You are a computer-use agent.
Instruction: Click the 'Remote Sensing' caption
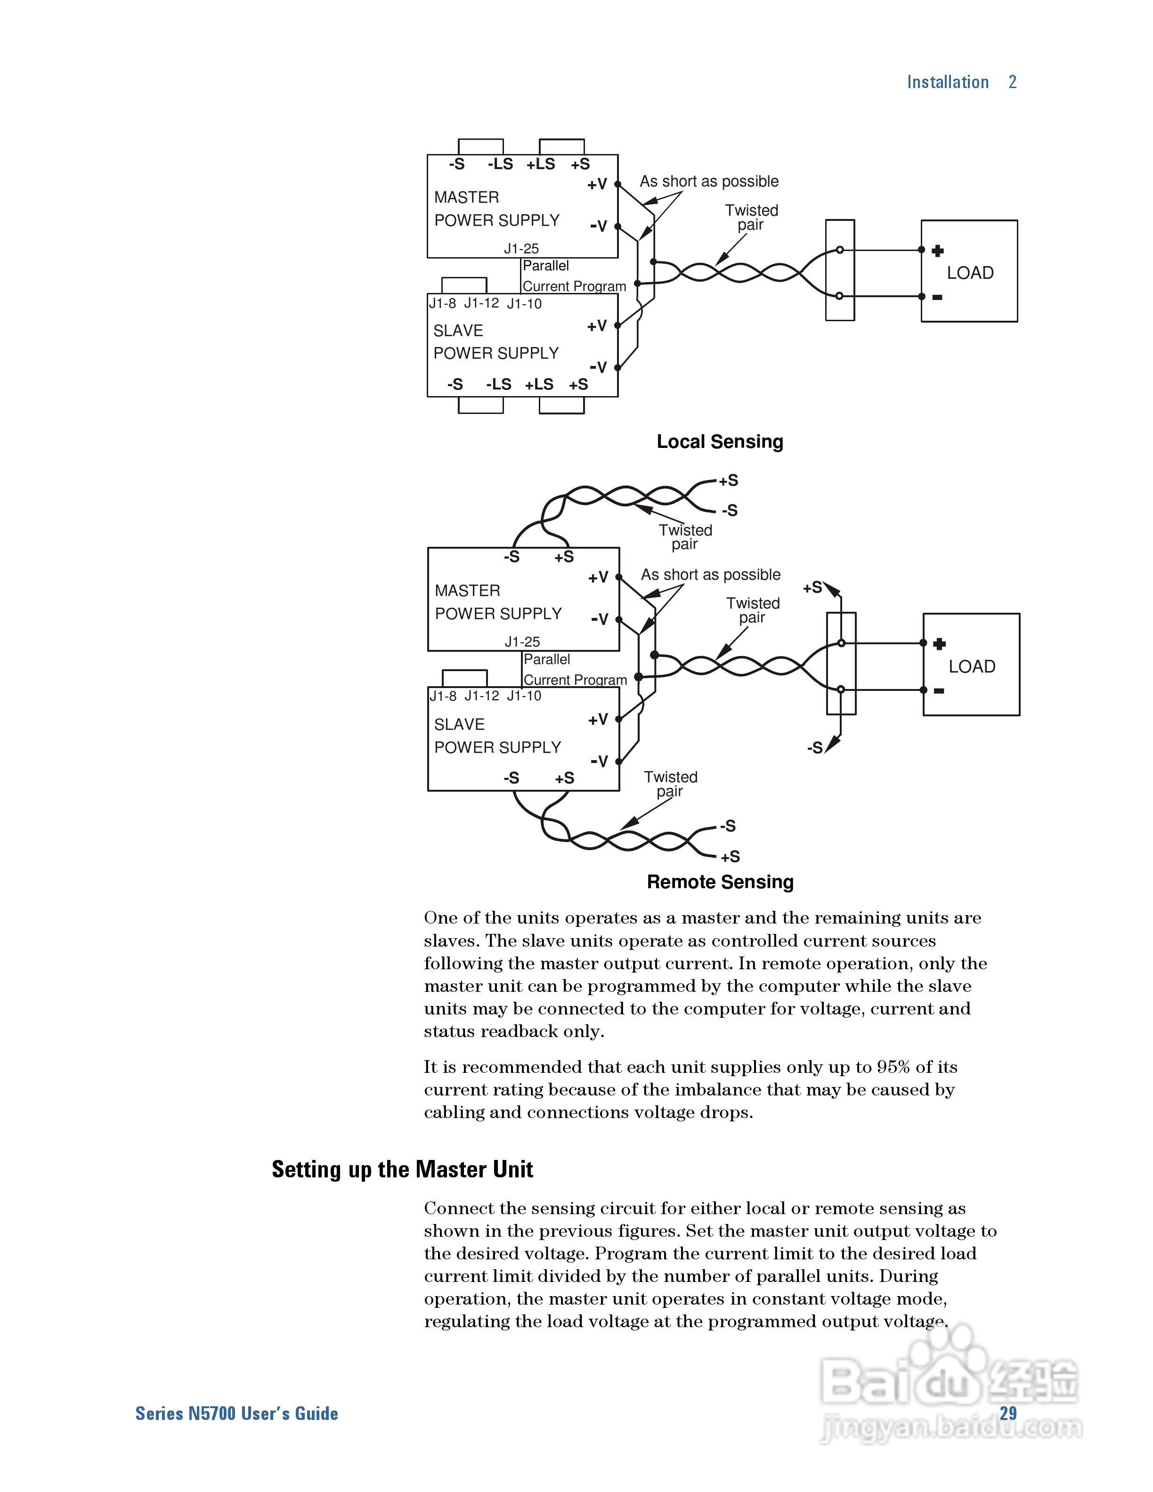(720, 882)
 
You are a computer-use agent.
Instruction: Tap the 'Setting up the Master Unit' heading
(402, 1169)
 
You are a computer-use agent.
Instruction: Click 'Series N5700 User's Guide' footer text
(236, 1413)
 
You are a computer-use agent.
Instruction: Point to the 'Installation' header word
(947, 82)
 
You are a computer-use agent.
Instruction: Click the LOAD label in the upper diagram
(970, 273)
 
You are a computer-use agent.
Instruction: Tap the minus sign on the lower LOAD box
(939, 691)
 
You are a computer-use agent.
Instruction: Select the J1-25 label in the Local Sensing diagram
(521, 249)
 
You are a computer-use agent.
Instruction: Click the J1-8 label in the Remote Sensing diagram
(443, 696)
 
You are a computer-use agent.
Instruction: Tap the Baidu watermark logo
(950, 1387)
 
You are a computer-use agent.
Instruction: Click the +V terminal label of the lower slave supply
(598, 719)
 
